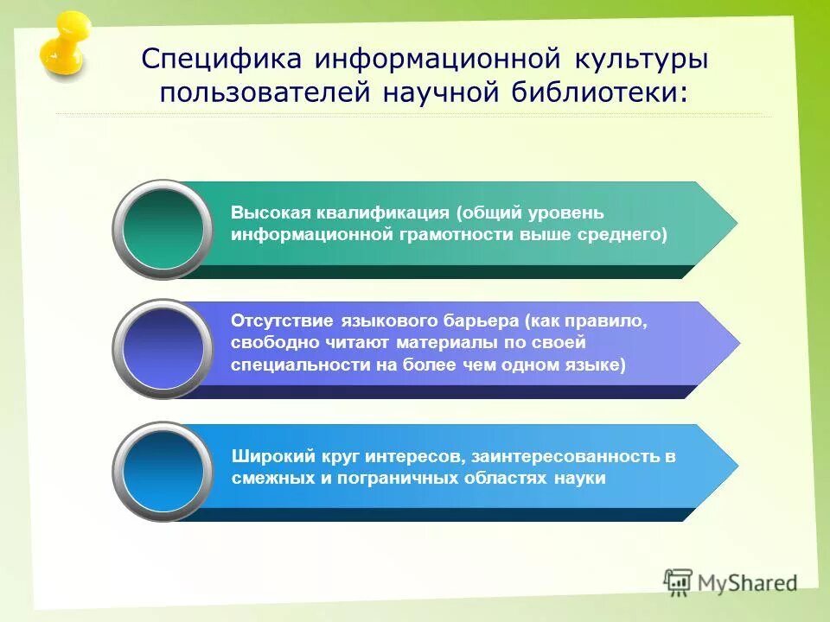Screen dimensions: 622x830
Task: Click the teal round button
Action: point(163,229)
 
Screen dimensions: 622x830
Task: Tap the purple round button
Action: point(163,349)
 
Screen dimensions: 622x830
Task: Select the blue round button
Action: point(163,472)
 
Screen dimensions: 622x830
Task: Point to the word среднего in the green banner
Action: point(627,234)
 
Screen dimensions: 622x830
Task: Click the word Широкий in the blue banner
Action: point(265,456)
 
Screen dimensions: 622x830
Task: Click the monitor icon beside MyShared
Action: point(679,581)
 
